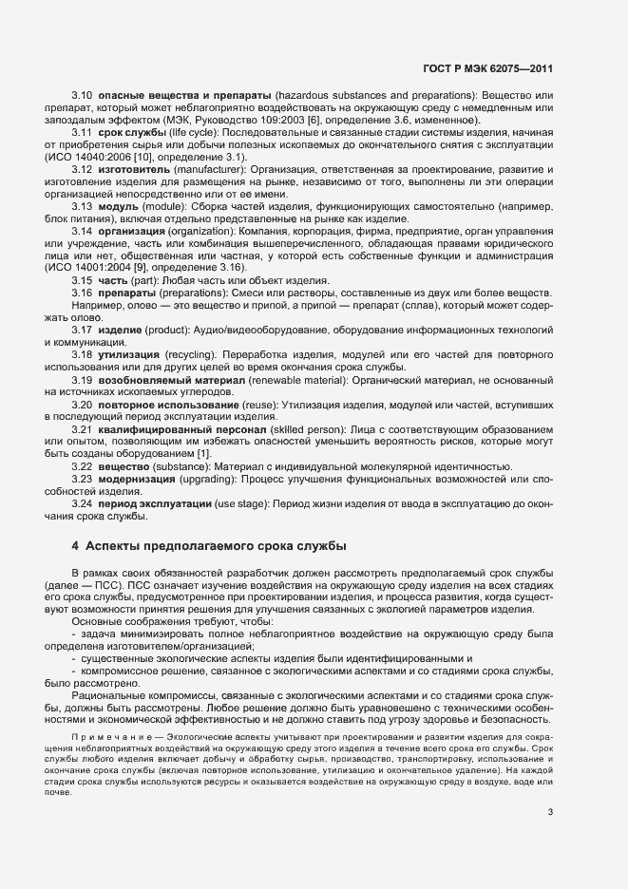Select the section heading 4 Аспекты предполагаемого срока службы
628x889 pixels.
(x=209, y=546)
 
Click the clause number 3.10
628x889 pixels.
(x=82, y=98)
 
